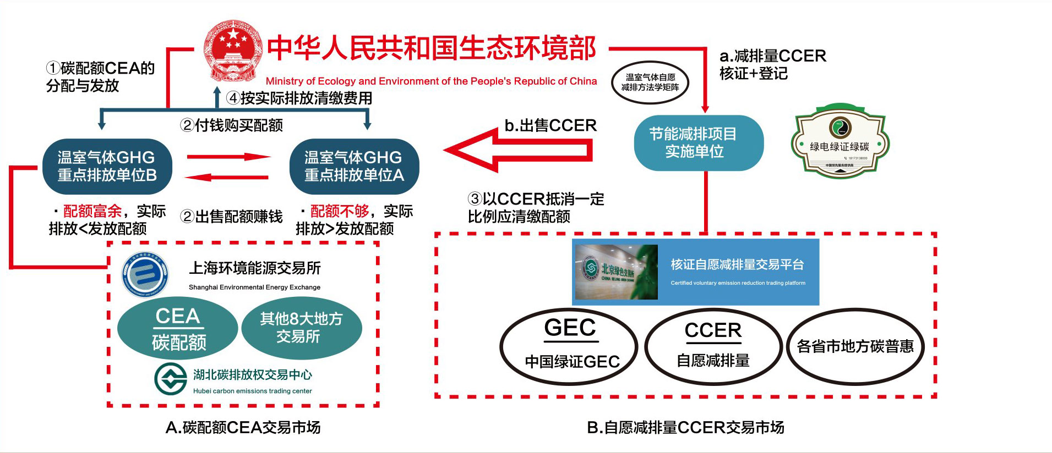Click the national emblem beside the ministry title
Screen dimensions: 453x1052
(x=232, y=51)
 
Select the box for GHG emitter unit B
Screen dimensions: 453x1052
(x=107, y=166)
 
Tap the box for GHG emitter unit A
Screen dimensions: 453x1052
(x=354, y=166)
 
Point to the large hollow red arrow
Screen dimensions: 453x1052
(x=517, y=150)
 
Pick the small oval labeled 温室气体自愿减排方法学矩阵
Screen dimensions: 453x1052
(x=650, y=82)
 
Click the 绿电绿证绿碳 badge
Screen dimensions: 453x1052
(x=840, y=141)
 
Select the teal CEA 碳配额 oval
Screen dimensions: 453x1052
(x=178, y=328)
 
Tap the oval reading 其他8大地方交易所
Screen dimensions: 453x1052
(x=301, y=328)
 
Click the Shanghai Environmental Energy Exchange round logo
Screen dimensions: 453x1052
(x=145, y=273)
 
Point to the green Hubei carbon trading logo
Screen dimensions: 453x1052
(x=171, y=379)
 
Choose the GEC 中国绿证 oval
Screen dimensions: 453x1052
(x=569, y=346)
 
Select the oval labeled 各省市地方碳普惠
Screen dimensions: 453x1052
(x=855, y=346)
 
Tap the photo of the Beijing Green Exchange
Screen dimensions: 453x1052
(x=616, y=272)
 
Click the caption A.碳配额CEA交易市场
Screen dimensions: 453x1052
(x=243, y=427)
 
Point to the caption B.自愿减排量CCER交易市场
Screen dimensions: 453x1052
(x=685, y=427)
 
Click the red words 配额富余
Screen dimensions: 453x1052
(x=92, y=211)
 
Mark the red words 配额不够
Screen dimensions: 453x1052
(x=339, y=211)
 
